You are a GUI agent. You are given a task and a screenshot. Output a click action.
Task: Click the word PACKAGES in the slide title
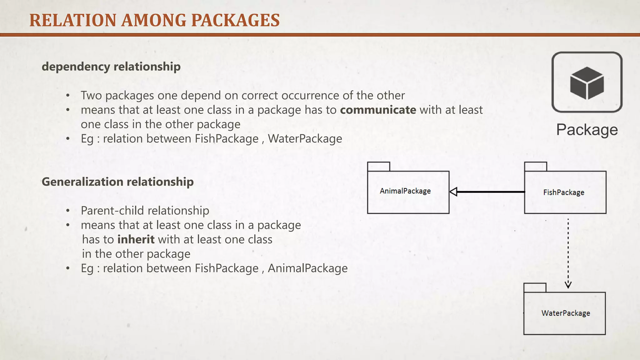[x=235, y=21]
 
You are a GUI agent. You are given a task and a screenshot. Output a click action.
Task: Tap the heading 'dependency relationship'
[x=111, y=67]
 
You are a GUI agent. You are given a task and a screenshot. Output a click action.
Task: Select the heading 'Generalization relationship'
[x=117, y=182]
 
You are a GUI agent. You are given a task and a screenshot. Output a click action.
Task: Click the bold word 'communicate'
[x=378, y=110]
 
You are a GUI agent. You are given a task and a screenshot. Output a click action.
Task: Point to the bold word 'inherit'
[x=136, y=239]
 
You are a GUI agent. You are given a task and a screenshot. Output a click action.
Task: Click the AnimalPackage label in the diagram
[x=405, y=191]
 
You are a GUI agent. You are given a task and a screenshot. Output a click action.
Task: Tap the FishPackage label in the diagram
[x=563, y=192]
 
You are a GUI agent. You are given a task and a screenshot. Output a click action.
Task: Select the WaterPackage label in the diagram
[x=566, y=313]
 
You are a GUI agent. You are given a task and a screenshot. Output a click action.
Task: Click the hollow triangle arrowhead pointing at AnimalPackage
[x=453, y=192]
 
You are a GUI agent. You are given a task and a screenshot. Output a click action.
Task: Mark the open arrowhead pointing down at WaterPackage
[x=568, y=284]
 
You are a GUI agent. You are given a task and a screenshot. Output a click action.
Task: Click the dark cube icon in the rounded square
[x=587, y=83]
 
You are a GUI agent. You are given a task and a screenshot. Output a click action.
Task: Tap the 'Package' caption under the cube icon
[x=587, y=130]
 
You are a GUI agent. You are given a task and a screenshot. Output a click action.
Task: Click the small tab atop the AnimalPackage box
[x=378, y=167]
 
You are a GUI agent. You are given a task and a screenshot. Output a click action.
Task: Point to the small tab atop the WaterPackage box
[x=535, y=287]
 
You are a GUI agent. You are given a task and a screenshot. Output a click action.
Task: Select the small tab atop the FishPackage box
[x=535, y=167]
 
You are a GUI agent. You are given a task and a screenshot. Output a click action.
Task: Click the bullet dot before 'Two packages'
[x=68, y=96]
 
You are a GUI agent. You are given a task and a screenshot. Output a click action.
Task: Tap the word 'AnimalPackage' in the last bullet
[x=307, y=268]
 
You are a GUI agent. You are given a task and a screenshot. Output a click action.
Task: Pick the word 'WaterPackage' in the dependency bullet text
[x=305, y=139]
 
